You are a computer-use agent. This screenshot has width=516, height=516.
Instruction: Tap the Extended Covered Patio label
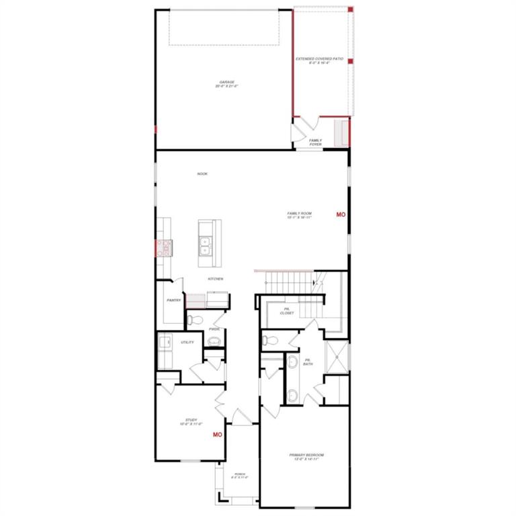coord(320,61)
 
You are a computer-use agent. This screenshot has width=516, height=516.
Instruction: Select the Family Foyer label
coord(315,142)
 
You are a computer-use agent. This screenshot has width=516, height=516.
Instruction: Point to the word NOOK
coord(202,174)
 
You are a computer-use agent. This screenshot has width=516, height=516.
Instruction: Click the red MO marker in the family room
coord(341,214)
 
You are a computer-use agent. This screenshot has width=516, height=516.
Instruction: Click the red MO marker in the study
coord(217,435)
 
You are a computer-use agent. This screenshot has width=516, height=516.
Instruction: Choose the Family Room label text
coord(299,216)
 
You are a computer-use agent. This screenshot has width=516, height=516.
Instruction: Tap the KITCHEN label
coord(215,278)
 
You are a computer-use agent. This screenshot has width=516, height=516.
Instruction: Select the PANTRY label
coord(174,300)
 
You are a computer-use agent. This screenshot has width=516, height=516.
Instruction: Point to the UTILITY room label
coord(187,343)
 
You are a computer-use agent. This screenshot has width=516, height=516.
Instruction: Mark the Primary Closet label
coord(287,311)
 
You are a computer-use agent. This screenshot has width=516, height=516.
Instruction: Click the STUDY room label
coord(191,422)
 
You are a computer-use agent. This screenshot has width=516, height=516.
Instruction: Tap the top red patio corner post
coord(350,9)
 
